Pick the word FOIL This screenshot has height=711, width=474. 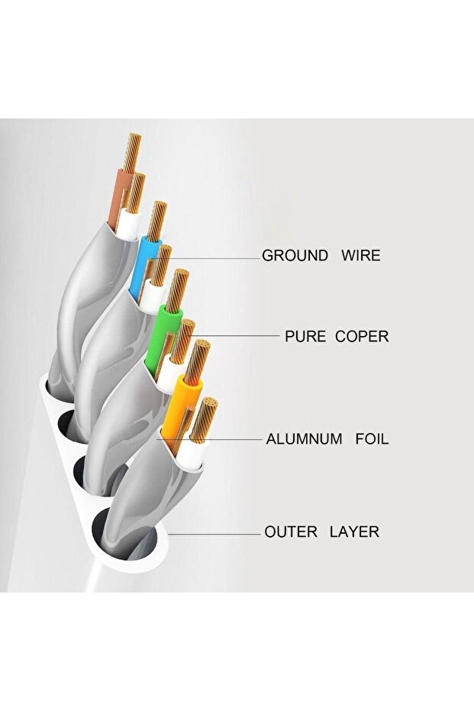(372, 439)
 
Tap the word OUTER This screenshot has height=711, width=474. (291, 532)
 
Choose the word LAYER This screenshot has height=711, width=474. (354, 532)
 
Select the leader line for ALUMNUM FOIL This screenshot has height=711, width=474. (229, 439)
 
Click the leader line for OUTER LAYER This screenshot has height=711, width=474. (221, 532)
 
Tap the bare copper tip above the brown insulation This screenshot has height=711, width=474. (131, 153)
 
